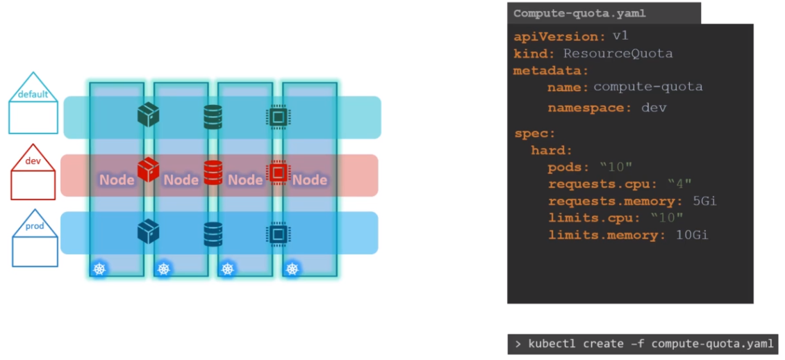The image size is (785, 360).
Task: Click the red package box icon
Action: [148, 169]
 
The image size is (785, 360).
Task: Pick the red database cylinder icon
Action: [213, 170]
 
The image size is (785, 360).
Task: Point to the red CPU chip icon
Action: [278, 171]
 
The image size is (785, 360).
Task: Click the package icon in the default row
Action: [149, 115]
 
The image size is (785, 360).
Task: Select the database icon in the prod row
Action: [213, 234]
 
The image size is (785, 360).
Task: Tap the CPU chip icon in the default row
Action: [278, 117]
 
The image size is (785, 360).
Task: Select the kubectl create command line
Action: [643, 344]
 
